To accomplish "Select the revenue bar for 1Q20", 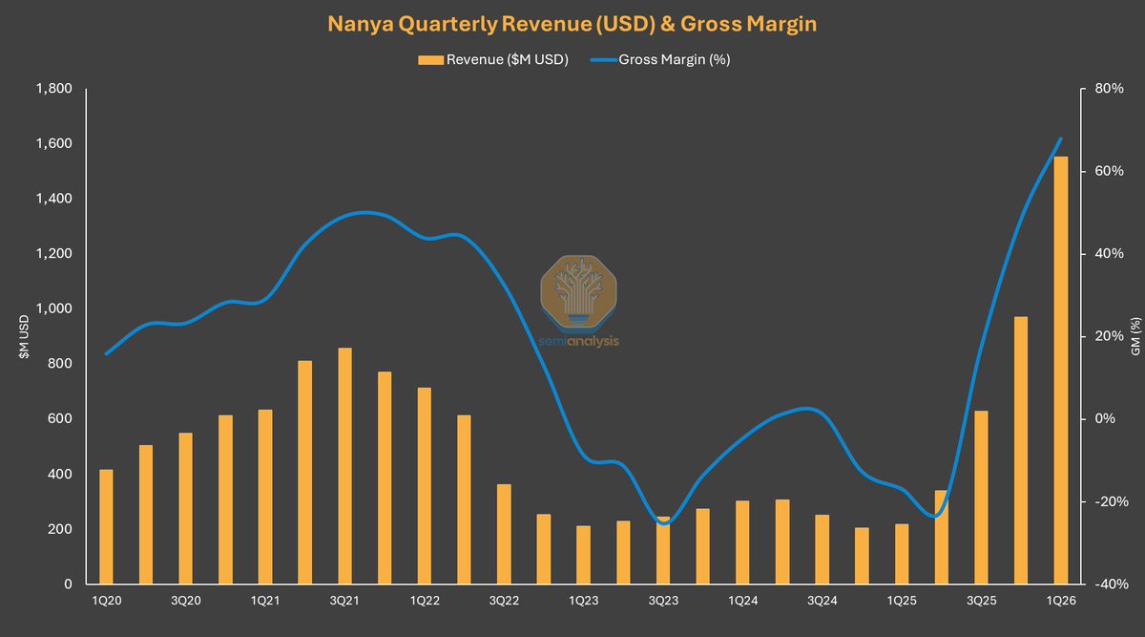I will click(106, 527).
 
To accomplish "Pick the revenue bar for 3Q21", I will click(344, 466).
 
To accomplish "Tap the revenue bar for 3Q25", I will click(981, 498).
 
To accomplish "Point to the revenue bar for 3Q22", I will click(504, 535).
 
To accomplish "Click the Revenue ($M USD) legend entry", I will click(493, 60).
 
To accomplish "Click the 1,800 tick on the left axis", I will click(53, 89).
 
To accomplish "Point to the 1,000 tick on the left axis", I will click(53, 309).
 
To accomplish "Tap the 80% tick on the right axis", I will click(1109, 89).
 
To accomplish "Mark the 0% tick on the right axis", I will click(1106, 419).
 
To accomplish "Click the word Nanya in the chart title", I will click(362, 24).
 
